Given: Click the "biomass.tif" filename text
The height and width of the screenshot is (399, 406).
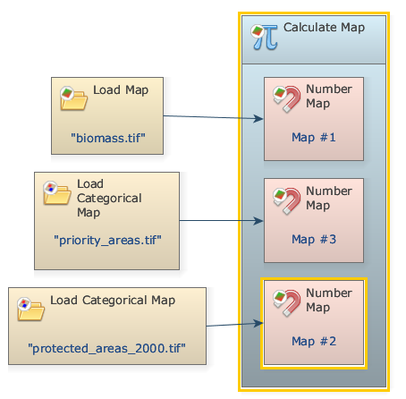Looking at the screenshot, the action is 108,138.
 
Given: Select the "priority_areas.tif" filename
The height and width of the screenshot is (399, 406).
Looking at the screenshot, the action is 107,241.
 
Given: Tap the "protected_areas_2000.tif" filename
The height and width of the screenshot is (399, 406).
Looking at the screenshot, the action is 106,348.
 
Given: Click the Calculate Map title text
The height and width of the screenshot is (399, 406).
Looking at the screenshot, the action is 324,28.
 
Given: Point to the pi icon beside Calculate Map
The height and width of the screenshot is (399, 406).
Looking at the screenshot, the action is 265,37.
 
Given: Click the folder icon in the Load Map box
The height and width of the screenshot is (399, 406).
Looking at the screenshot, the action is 73,98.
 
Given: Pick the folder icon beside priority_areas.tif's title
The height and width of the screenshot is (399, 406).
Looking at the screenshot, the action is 56,192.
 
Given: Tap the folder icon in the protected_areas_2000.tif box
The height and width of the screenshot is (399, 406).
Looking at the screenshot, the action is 30,309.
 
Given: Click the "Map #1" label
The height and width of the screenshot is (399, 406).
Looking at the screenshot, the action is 314,138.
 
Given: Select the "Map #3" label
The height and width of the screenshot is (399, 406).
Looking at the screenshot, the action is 314,239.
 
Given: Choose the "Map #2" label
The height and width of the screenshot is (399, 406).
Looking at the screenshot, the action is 314,341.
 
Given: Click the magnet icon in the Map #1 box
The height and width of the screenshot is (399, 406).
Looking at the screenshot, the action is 287,99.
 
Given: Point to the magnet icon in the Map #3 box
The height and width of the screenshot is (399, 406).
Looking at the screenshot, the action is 287,201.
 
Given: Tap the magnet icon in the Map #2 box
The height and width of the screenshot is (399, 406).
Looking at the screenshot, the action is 287,303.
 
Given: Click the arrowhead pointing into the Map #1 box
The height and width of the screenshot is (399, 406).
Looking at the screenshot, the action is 258,119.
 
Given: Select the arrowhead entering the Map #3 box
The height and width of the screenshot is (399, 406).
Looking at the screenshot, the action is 258,221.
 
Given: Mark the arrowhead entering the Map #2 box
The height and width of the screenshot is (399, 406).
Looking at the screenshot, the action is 258,323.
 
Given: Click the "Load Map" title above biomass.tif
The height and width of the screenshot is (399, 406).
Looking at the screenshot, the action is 121,90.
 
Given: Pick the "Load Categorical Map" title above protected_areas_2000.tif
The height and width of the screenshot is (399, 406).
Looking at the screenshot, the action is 113,301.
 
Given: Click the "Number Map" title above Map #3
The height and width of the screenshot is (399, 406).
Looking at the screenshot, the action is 329,198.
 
